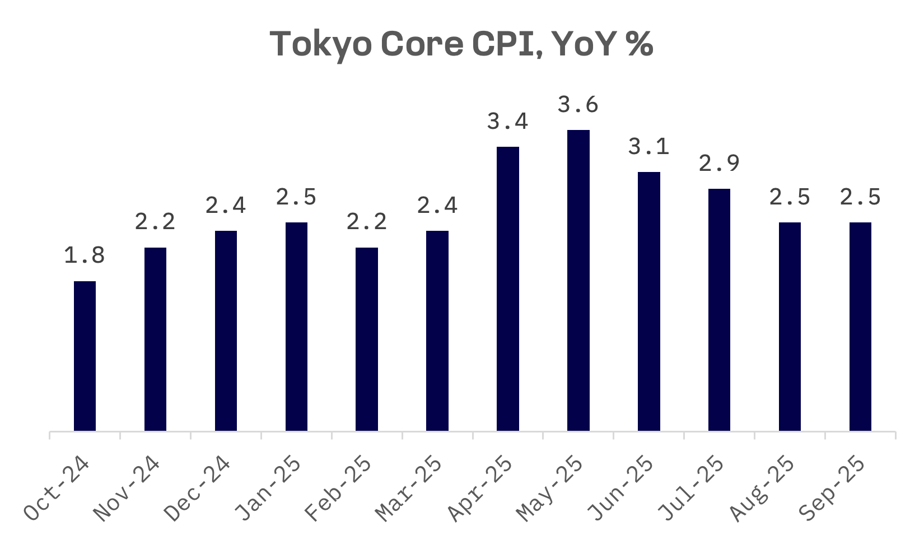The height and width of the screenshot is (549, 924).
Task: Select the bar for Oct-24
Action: click(x=85, y=356)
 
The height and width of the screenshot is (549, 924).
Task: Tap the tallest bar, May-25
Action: click(x=578, y=280)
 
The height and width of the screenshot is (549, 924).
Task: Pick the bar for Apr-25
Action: click(x=508, y=289)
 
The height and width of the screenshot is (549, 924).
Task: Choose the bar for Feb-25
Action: click(x=367, y=339)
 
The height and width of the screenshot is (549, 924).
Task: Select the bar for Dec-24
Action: click(x=226, y=331)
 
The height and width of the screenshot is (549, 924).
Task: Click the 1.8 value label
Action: click(x=85, y=255)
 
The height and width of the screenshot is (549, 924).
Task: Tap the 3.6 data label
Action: click(x=578, y=105)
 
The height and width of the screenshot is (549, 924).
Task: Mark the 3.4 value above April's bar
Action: click(x=508, y=122)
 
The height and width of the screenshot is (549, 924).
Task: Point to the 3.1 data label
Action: click(x=649, y=147)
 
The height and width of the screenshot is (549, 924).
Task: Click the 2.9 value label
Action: click(x=720, y=164)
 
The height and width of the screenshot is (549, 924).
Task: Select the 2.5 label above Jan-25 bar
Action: click(x=296, y=197)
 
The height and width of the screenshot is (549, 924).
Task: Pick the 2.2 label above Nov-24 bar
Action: click(x=155, y=222)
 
